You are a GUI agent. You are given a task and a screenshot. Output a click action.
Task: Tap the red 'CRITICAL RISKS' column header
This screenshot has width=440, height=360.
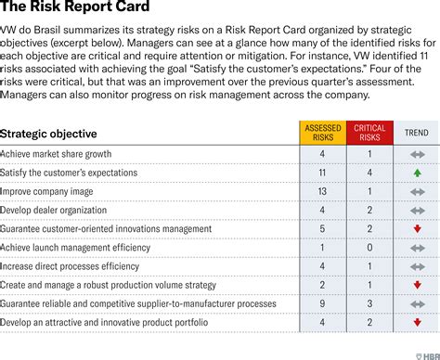click(x=370, y=133)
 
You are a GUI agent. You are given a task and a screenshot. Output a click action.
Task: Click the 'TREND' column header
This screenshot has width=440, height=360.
click(x=417, y=133)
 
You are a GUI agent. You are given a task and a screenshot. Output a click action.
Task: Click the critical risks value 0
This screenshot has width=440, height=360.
click(x=370, y=248)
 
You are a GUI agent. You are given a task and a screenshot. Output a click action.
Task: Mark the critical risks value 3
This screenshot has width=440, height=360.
click(x=370, y=303)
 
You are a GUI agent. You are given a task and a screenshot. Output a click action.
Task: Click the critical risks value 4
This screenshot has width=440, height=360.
click(x=370, y=173)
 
